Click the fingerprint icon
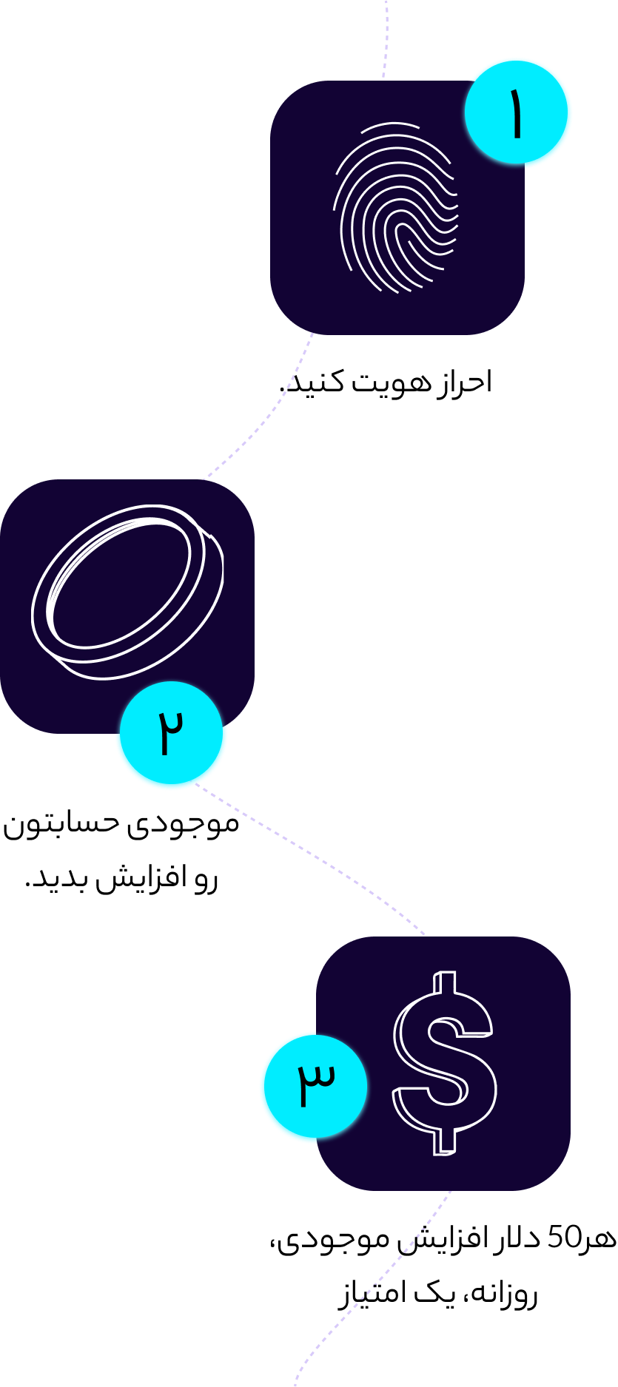click(x=397, y=207)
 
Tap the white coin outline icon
click(x=127, y=592)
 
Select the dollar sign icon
click(x=444, y=1063)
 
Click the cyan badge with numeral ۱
click(x=517, y=112)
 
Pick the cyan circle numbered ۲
click(x=171, y=733)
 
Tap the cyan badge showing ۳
click(x=314, y=1085)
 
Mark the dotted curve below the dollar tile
click(x=370, y=1287)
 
